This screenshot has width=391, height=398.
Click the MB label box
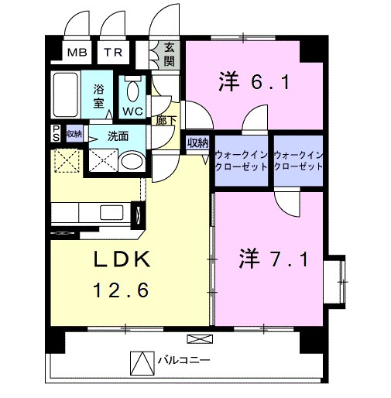coord(77,53)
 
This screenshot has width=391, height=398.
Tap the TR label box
coord(114,53)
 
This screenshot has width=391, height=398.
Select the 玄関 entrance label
coord(168,54)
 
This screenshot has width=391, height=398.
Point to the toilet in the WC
coord(132,91)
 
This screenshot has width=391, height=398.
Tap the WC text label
coord(132,111)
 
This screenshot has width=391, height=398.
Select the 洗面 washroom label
coord(118,135)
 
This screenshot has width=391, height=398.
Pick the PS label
coord(56,133)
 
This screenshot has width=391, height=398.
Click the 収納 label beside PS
coord(74,133)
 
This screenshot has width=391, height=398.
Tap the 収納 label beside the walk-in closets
coord(197,142)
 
